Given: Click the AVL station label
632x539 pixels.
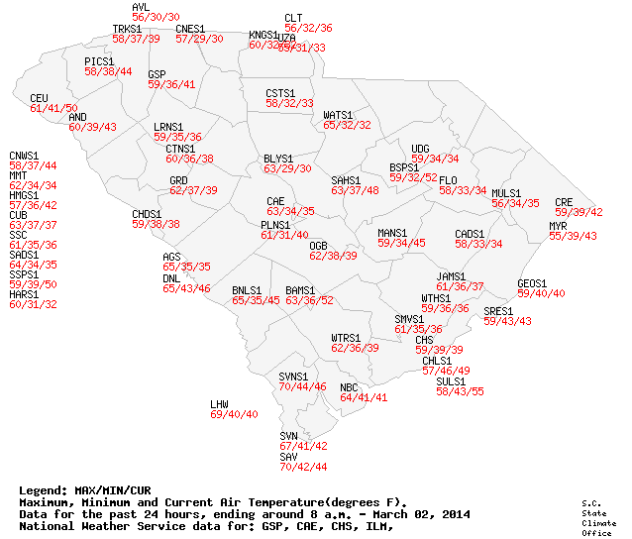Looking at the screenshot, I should [x=140, y=8].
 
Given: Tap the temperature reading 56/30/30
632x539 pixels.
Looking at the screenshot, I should [x=156, y=18].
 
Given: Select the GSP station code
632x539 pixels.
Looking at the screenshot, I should [x=157, y=74].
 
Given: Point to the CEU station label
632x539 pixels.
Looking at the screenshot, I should [x=39, y=98].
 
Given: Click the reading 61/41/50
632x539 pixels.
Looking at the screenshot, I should [x=53, y=108].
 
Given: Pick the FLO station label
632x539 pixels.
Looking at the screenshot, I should [x=448, y=180].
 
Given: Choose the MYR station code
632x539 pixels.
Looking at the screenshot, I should [x=558, y=226].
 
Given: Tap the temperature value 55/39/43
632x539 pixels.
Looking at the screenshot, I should [x=574, y=236].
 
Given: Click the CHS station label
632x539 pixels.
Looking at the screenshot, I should [x=424, y=340].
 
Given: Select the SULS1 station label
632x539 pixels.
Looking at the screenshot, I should [x=451, y=381].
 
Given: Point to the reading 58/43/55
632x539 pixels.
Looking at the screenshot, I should [x=460, y=391].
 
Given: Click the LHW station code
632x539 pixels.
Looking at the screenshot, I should [x=219, y=404].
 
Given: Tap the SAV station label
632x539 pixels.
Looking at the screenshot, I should [x=288, y=456].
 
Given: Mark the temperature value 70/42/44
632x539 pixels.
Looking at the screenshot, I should [x=303, y=466].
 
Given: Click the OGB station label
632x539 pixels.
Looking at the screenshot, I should [x=318, y=245].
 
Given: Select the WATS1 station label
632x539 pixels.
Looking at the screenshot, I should [x=338, y=115].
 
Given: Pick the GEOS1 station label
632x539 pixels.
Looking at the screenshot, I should [x=532, y=283].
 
